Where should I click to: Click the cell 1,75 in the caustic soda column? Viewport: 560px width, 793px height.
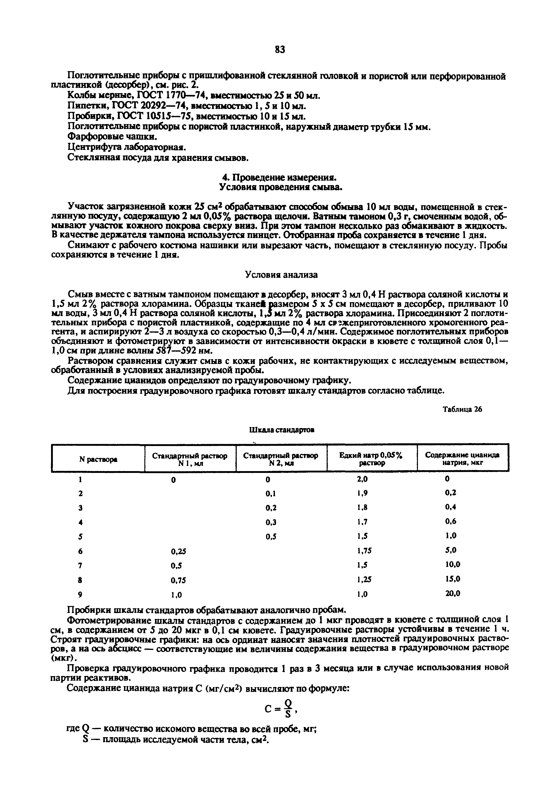[364, 552]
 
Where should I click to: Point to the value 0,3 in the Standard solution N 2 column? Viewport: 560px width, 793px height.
[271, 523]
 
